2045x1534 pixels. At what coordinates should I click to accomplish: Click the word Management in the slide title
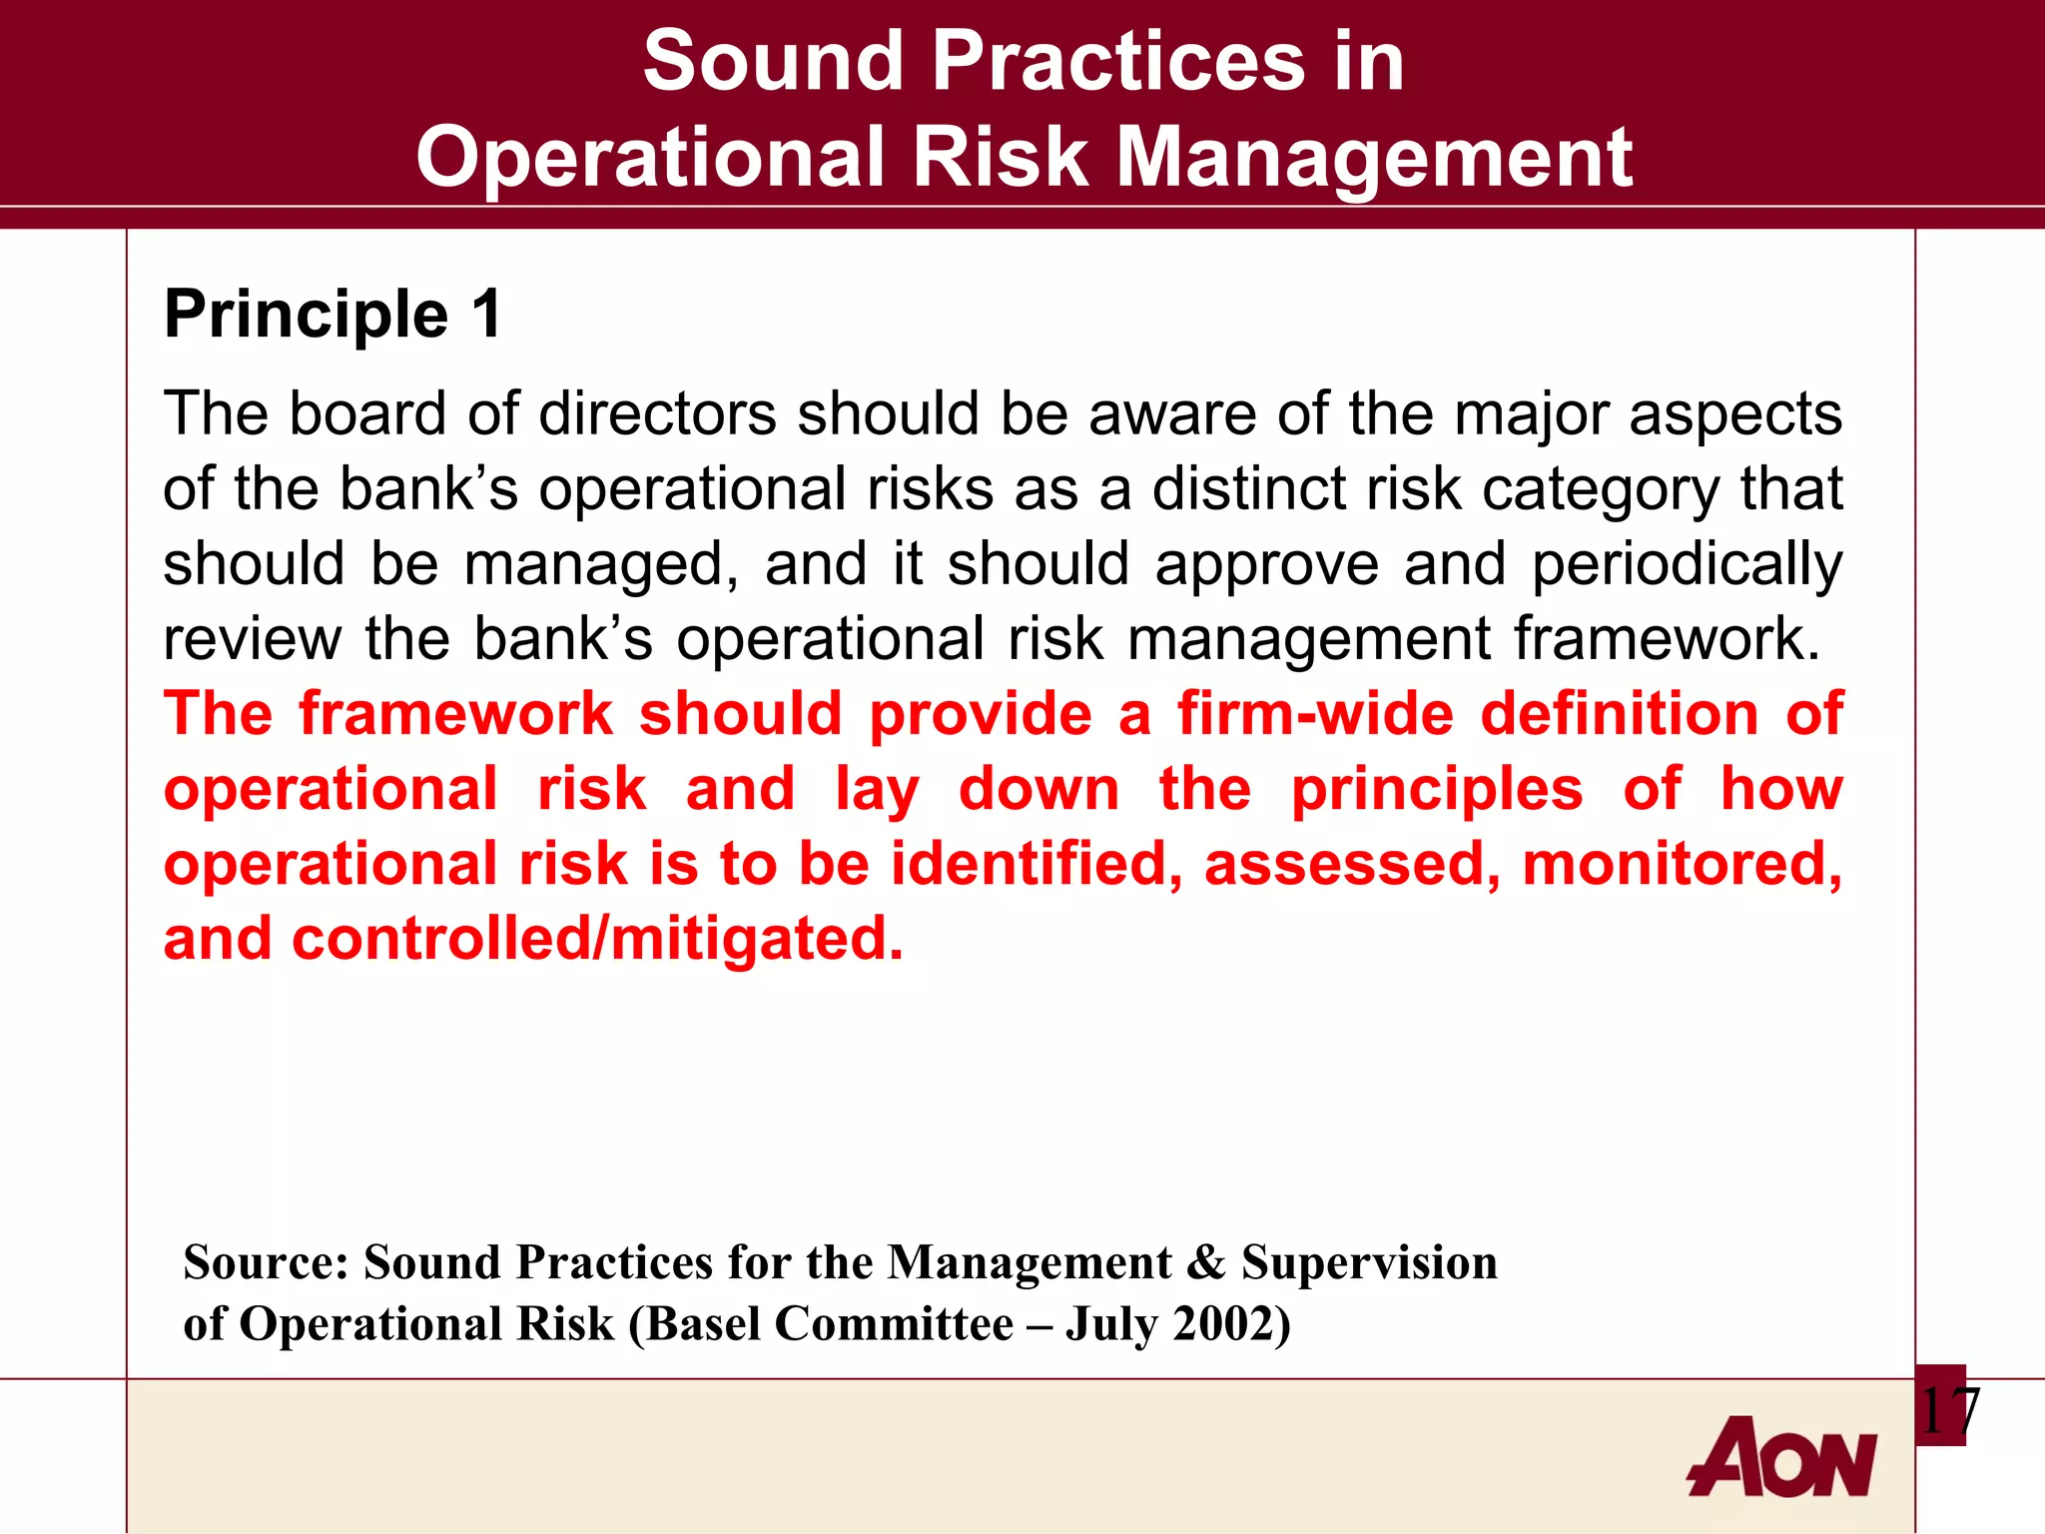point(1373,158)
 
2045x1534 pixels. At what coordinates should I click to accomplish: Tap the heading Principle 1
point(333,315)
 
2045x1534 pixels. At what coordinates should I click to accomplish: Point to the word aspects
point(1734,415)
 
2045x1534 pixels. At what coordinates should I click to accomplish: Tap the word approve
point(1266,565)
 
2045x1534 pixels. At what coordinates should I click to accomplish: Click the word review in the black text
point(252,639)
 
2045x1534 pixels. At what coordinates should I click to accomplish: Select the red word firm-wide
point(1315,714)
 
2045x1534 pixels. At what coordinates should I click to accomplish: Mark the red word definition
point(1619,714)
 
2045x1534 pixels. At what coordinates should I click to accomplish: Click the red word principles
point(1436,791)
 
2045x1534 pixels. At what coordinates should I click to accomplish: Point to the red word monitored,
point(1682,865)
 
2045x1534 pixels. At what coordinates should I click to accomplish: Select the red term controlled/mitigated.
point(597,940)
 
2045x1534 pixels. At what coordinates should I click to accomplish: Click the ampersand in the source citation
point(1205,1262)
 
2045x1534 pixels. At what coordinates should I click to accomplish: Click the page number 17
point(1948,1411)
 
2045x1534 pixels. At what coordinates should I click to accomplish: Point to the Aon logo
point(1782,1458)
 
